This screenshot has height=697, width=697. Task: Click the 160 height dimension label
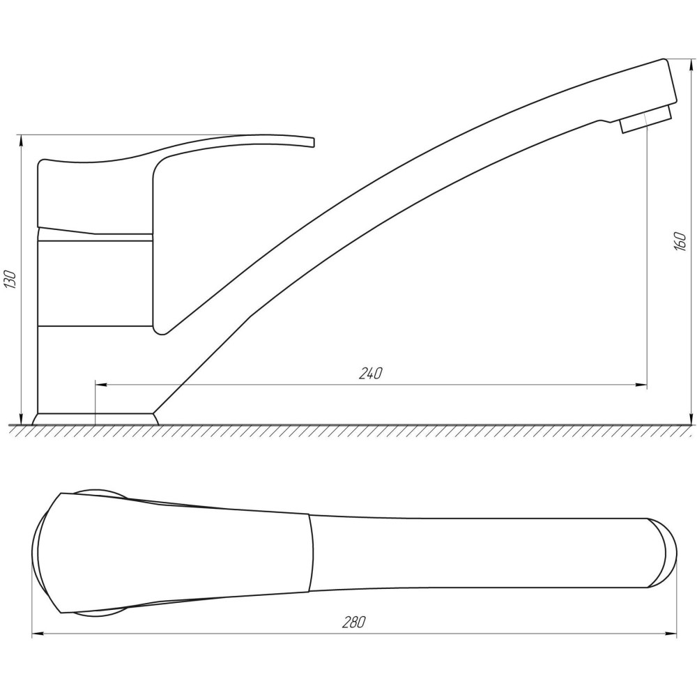[x=680, y=241]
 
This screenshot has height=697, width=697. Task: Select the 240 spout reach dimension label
[x=370, y=374]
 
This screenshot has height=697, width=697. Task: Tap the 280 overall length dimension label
[x=354, y=622]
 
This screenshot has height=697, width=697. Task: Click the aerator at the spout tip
[x=645, y=118]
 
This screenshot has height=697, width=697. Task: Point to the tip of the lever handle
[x=314, y=142]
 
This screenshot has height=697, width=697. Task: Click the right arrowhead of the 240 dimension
[x=641, y=385]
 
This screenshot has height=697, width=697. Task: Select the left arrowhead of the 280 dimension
[x=38, y=634]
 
